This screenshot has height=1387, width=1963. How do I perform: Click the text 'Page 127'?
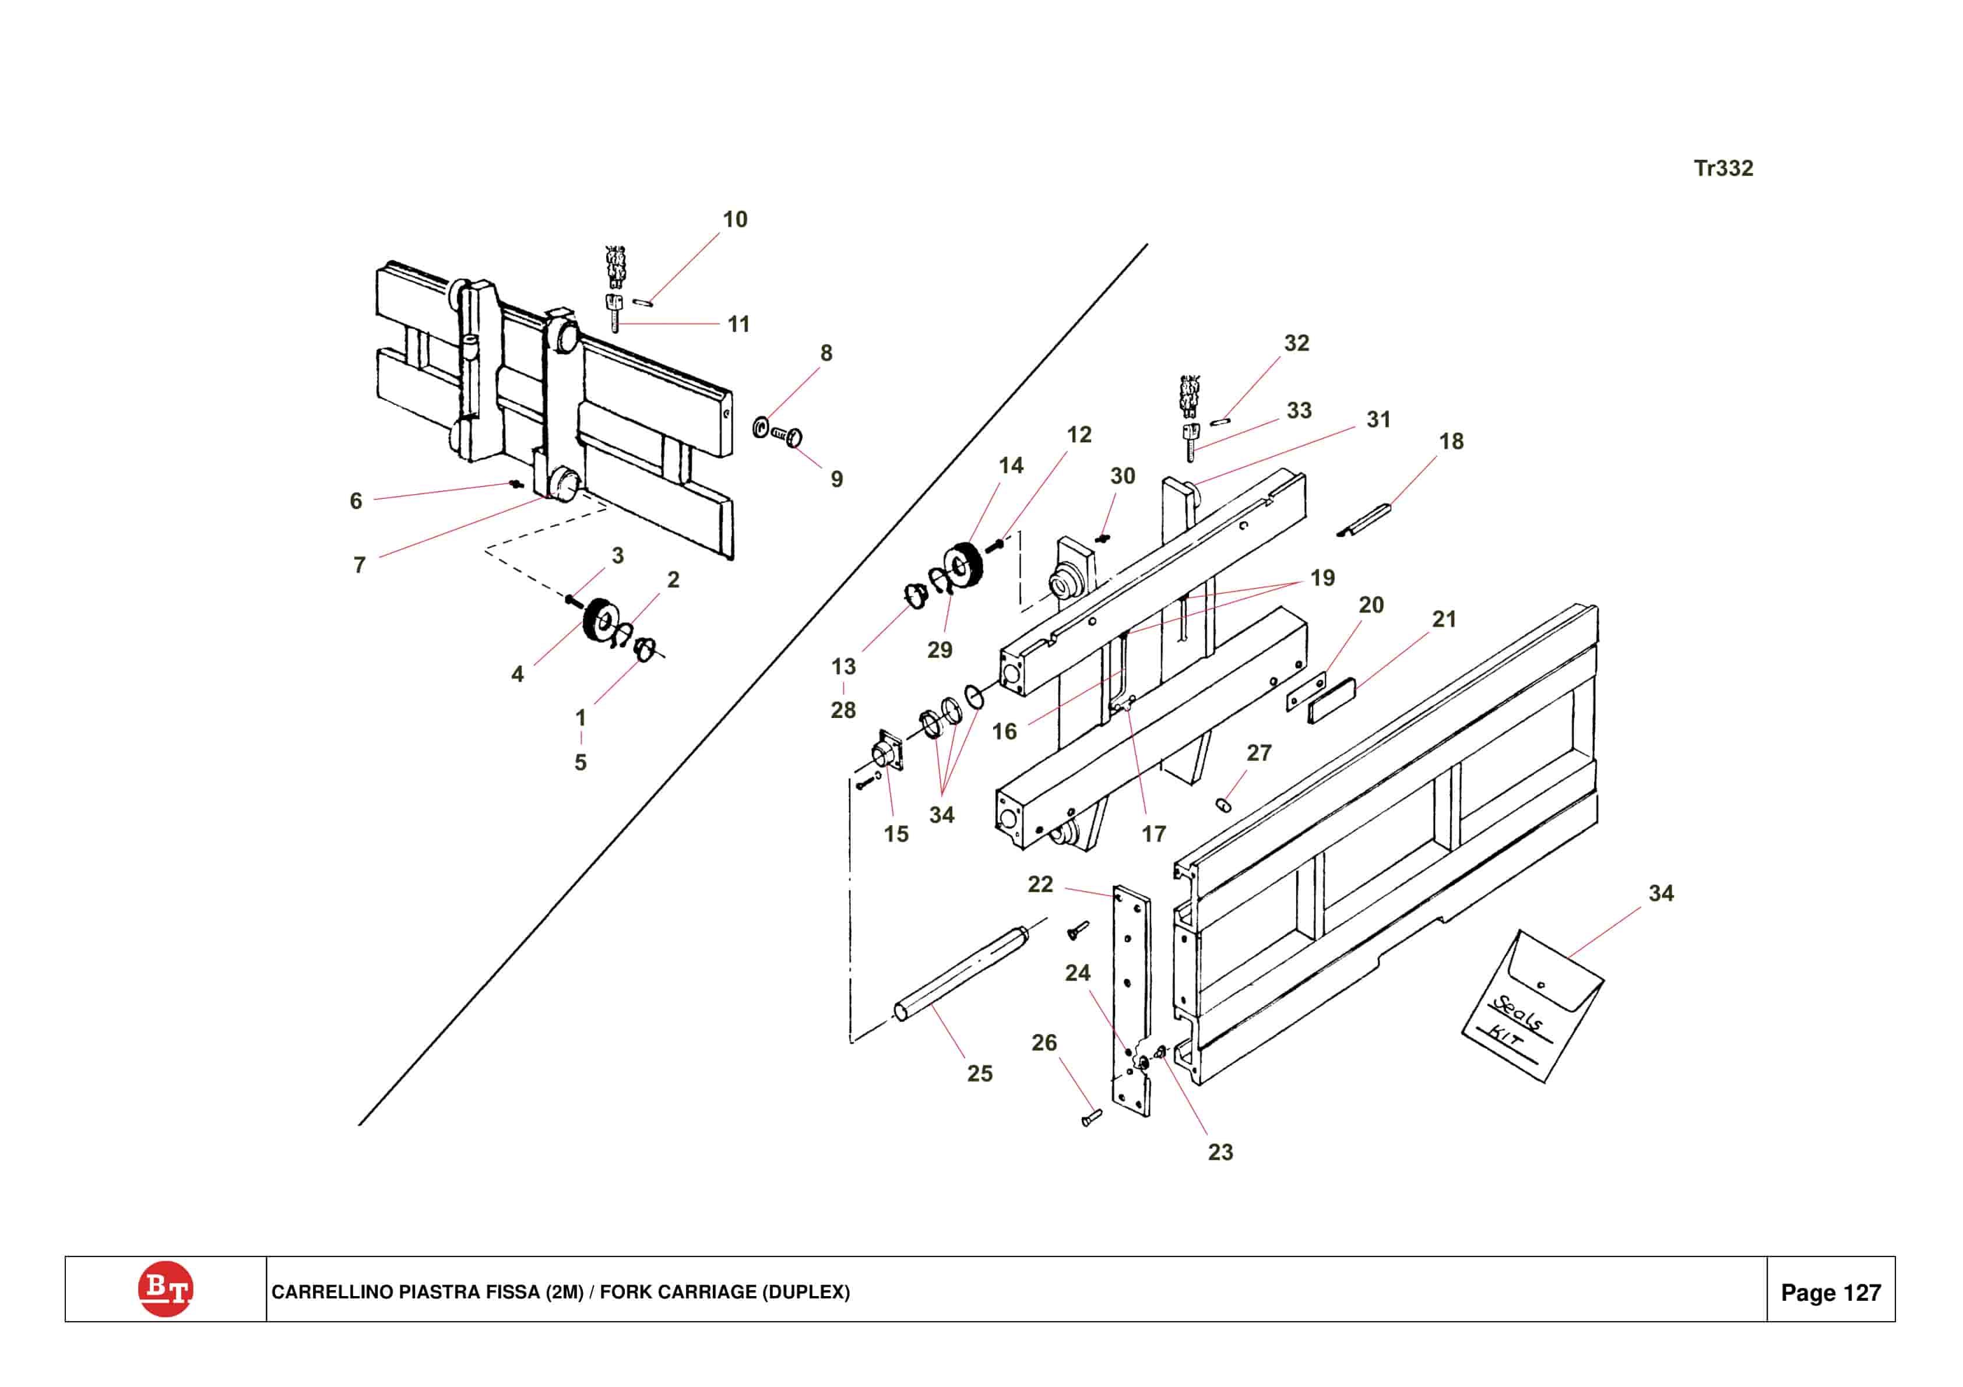pyautogui.click(x=1831, y=1292)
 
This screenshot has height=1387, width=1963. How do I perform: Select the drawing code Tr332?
pyautogui.click(x=1723, y=168)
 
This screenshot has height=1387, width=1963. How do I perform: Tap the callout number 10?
pyautogui.click(x=734, y=220)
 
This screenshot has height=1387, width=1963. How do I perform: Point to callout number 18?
pyautogui.click(x=1451, y=441)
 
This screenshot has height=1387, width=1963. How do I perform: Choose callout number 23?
pyautogui.click(x=1220, y=1152)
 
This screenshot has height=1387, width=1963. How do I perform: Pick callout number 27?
pyautogui.click(x=1258, y=752)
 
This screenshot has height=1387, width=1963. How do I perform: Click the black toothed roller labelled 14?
pyautogui.click(x=963, y=565)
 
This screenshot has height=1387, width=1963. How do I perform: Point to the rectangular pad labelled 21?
pyautogui.click(x=1332, y=700)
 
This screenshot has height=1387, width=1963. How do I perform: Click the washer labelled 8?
pyautogui.click(x=760, y=426)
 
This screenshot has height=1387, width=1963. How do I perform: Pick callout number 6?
pyautogui.click(x=356, y=501)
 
